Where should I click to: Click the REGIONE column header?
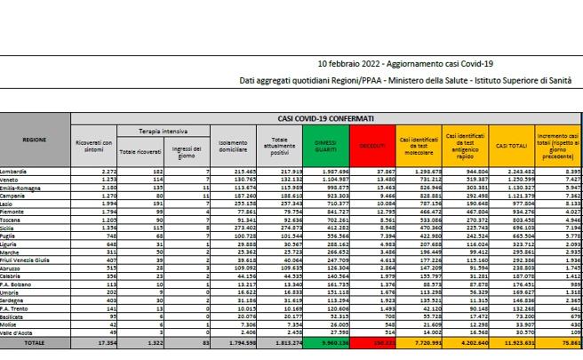tap(35, 140)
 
